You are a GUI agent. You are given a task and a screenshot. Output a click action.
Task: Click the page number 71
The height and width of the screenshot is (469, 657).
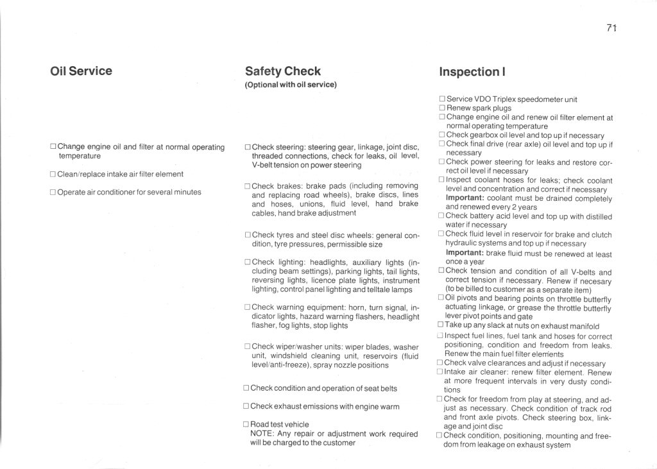611,28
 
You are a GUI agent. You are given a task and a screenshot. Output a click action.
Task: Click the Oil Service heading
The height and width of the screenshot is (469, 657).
81,71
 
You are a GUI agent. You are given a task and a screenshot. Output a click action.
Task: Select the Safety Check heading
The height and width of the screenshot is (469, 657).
282,71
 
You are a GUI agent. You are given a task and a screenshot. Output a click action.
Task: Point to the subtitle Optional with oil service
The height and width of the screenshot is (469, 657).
291,85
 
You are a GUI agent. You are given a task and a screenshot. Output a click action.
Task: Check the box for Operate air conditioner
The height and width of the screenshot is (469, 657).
53,192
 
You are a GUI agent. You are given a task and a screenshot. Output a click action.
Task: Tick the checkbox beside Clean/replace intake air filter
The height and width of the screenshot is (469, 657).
53,174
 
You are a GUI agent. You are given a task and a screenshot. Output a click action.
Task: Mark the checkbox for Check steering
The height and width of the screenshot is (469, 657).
248,147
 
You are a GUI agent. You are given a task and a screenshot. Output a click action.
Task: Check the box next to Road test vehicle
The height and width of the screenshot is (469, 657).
246,425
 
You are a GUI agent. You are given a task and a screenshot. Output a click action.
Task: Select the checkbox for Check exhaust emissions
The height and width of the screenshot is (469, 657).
246,406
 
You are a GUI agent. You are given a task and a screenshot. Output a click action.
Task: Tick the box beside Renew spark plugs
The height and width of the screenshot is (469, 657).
442,108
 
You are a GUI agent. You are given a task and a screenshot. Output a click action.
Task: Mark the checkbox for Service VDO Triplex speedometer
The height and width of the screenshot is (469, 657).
442,99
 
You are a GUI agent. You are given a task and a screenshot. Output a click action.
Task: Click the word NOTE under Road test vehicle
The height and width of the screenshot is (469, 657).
261,434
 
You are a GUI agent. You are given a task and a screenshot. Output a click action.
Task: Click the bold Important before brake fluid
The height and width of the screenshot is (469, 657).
465,253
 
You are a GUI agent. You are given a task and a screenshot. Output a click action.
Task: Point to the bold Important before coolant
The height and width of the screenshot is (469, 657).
465,198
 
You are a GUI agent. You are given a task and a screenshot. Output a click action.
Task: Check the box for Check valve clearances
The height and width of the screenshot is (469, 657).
440,363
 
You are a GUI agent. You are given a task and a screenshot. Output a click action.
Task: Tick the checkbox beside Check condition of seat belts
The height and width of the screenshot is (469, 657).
246,388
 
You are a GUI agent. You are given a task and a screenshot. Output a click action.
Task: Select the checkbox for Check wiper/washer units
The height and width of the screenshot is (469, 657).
248,346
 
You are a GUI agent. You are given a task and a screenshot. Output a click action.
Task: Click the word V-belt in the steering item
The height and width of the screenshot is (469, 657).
263,165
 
